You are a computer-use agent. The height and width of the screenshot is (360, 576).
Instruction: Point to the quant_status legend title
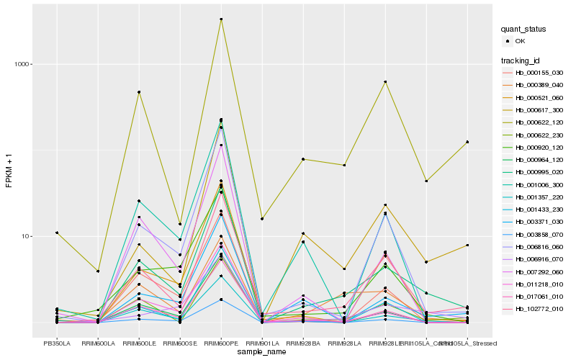click(x=523, y=30)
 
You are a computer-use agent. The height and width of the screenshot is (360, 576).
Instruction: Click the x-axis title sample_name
click(x=262, y=352)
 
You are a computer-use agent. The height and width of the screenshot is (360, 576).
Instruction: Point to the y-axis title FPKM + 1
click(x=9, y=170)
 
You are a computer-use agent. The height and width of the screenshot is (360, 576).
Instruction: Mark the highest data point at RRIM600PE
click(x=221, y=19)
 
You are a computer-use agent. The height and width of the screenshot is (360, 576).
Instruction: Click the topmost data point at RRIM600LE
click(x=139, y=92)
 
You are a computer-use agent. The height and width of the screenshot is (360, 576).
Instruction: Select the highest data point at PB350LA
click(x=57, y=233)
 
